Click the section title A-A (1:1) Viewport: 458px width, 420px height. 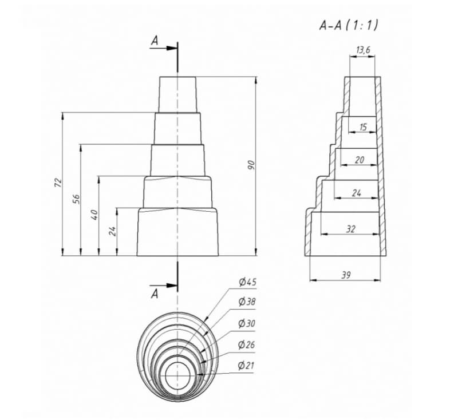click(349, 25)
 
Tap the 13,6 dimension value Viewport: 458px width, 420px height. click(363, 50)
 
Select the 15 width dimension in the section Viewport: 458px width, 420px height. click(363, 127)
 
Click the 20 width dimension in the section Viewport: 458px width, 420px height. click(360, 160)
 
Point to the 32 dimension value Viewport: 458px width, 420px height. click(351, 229)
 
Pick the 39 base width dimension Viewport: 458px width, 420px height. click(346, 275)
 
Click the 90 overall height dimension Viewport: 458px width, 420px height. click(251, 165)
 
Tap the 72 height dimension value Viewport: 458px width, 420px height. click(58, 182)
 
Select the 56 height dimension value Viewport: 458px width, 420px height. click(76, 199)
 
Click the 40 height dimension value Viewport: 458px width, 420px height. click(95, 215)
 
